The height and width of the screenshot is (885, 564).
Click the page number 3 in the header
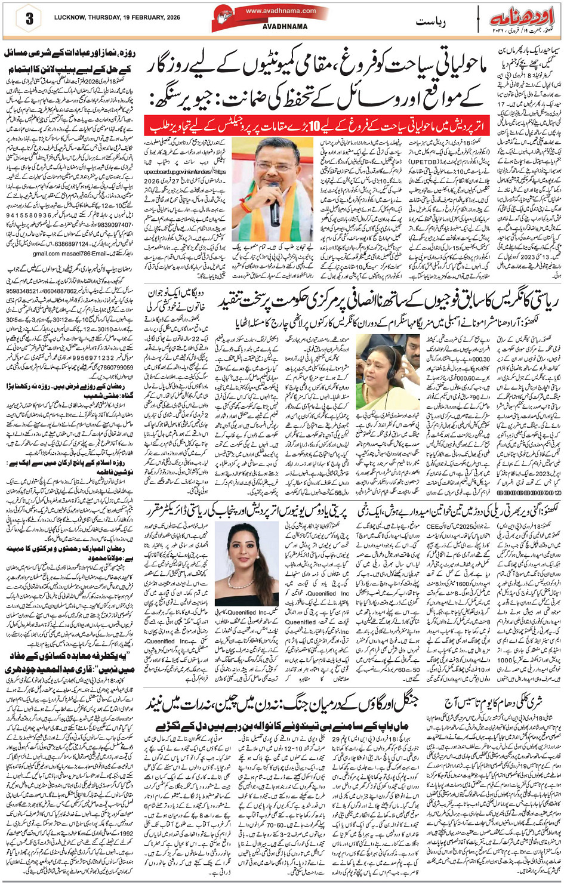(28, 18)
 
